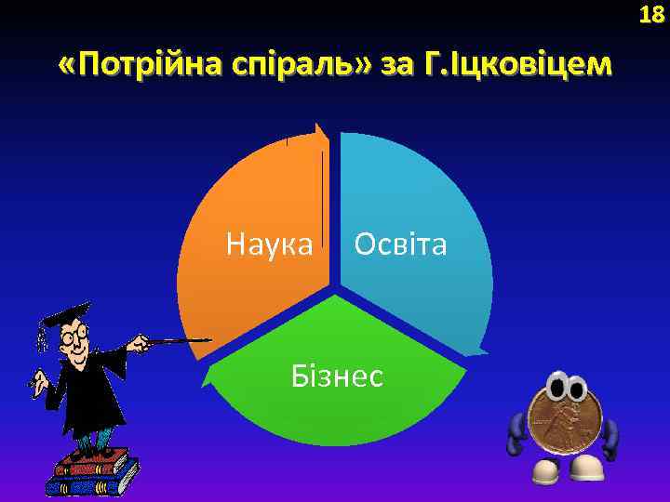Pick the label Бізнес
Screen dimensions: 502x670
337,376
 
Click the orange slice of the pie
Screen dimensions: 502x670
251,205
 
